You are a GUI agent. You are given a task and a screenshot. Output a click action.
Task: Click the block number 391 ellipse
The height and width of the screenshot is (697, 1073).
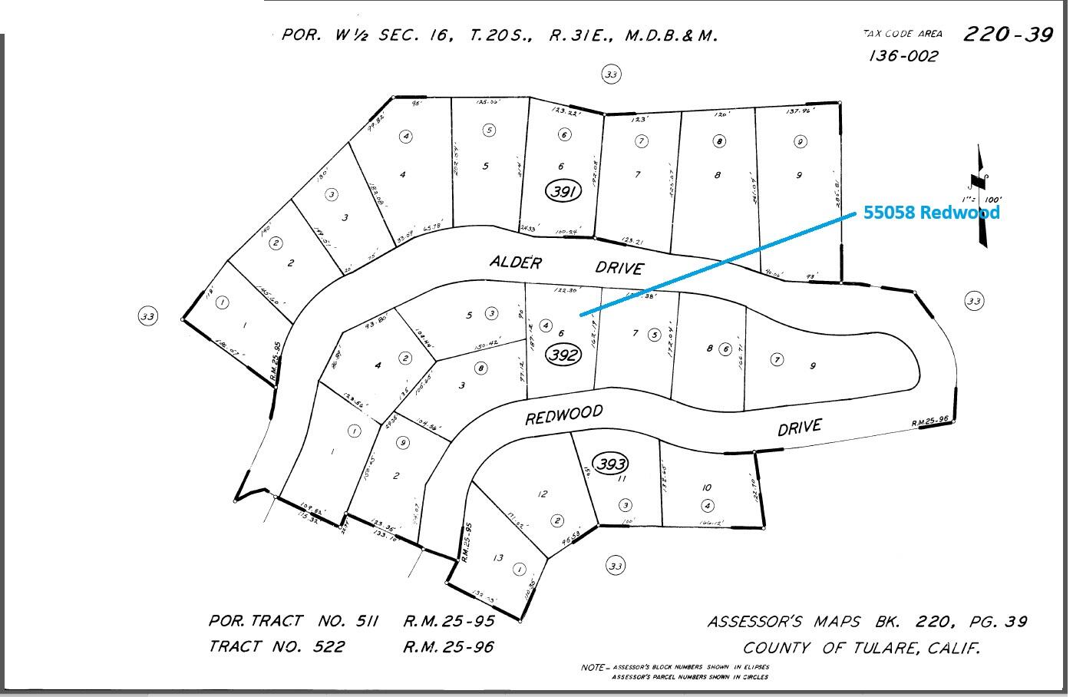click(563, 191)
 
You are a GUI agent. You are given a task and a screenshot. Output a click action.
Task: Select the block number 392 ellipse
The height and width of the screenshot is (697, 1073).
click(563, 355)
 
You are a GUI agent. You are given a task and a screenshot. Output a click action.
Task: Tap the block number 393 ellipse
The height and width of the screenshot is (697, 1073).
click(611, 464)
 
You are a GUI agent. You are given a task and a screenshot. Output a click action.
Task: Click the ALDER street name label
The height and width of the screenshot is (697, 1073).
click(516, 263)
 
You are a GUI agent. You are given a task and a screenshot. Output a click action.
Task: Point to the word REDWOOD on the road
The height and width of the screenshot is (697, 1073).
click(563, 415)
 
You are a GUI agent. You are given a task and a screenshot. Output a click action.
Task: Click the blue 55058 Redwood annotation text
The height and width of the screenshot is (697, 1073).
click(931, 213)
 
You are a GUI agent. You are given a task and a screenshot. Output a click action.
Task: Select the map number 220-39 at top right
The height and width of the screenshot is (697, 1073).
click(1007, 35)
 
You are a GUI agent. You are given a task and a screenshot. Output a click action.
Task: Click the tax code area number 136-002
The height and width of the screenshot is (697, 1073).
click(903, 56)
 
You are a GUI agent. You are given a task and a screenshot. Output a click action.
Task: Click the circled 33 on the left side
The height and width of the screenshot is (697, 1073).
click(147, 315)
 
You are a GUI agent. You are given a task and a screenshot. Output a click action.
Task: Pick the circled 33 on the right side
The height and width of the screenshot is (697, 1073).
click(974, 301)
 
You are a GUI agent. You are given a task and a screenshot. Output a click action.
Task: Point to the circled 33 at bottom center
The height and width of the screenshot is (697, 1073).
click(616, 566)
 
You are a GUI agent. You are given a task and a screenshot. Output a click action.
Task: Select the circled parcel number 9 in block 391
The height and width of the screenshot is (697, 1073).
click(800, 141)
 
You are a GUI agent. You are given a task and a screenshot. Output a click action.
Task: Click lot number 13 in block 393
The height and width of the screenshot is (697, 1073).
click(497, 558)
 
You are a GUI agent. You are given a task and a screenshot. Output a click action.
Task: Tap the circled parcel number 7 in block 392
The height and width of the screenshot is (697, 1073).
click(777, 359)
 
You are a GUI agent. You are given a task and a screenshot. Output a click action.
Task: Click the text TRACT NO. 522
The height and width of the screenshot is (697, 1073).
click(276, 646)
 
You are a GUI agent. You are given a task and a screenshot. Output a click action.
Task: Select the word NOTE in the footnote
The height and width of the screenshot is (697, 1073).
click(593, 668)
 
